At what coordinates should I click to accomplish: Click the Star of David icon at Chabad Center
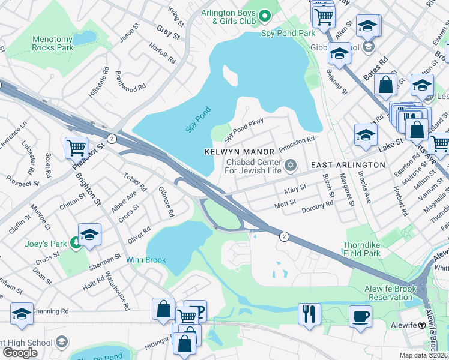291,164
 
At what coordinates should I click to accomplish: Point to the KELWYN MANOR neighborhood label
240,152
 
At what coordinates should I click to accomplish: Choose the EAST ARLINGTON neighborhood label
348,165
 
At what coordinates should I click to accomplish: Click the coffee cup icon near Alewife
360,316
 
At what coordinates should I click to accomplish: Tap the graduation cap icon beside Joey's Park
89,234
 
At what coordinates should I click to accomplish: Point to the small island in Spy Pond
230,74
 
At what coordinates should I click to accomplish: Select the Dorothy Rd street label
317,205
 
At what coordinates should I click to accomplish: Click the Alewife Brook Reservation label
388,293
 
